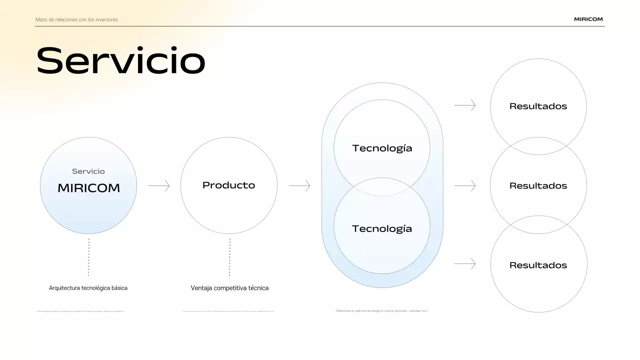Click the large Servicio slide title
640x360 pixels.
coord(120,61)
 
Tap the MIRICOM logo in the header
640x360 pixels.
coord(588,19)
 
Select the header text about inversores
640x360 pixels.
coord(76,20)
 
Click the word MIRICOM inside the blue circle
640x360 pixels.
coord(88,188)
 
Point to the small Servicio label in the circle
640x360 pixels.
coord(88,171)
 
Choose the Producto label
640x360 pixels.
coord(228,185)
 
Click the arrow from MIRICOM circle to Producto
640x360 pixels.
coord(159,186)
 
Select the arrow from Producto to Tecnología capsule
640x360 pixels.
coord(299,186)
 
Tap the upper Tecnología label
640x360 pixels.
coord(382,148)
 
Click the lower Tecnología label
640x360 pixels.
coord(382,228)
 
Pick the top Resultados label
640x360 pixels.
coord(538,106)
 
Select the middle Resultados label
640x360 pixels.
coord(538,185)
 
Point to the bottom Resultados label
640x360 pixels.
coord(538,265)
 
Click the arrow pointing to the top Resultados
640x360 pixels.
coord(465,105)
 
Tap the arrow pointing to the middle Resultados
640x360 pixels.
coord(465,186)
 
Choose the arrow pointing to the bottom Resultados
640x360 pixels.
coord(465,263)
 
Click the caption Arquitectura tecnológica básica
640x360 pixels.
coord(88,288)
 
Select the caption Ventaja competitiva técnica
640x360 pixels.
coord(229,288)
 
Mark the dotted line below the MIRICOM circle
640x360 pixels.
coord(88,257)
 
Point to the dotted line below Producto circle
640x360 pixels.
coord(229,257)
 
